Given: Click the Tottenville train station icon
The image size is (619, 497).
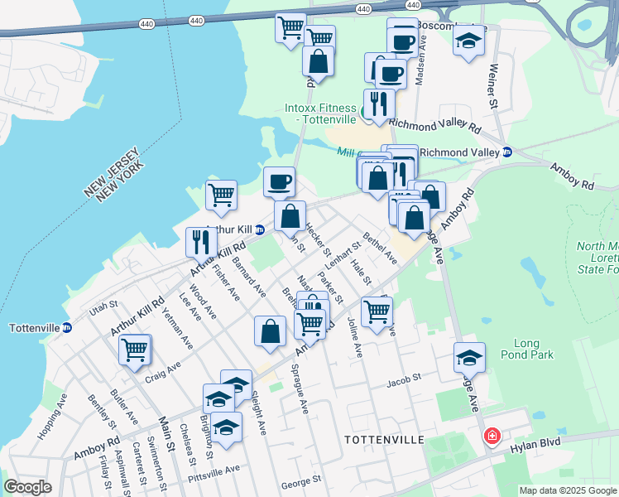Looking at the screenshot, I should [x=67, y=327].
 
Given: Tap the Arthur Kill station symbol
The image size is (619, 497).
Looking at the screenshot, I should [x=259, y=230].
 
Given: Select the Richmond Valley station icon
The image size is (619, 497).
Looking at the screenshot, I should [x=508, y=152].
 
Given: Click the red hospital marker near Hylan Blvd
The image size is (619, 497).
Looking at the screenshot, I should [x=492, y=436].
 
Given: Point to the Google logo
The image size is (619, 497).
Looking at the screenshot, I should [x=27, y=487].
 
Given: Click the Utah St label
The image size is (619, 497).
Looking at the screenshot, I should [x=99, y=309].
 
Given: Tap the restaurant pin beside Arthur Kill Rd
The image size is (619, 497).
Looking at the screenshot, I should [x=201, y=242].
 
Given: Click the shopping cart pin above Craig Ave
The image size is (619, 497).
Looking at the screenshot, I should [x=134, y=349].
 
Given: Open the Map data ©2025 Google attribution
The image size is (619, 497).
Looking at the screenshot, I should [x=568, y=490].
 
